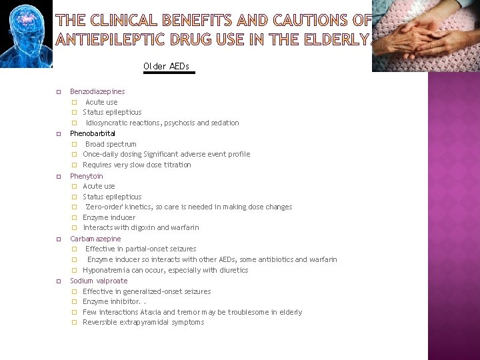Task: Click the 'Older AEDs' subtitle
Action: (x=166, y=66)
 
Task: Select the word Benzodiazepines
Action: (x=97, y=91)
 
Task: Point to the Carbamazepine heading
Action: (x=95, y=239)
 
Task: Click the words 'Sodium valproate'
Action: (x=99, y=281)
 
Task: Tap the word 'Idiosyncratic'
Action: (x=107, y=123)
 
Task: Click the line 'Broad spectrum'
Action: (x=111, y=144)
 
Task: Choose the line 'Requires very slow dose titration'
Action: (x=137, y=165)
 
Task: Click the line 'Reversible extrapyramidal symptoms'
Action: (x=143, y=322)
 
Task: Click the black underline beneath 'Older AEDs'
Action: (x=169, y=73)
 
